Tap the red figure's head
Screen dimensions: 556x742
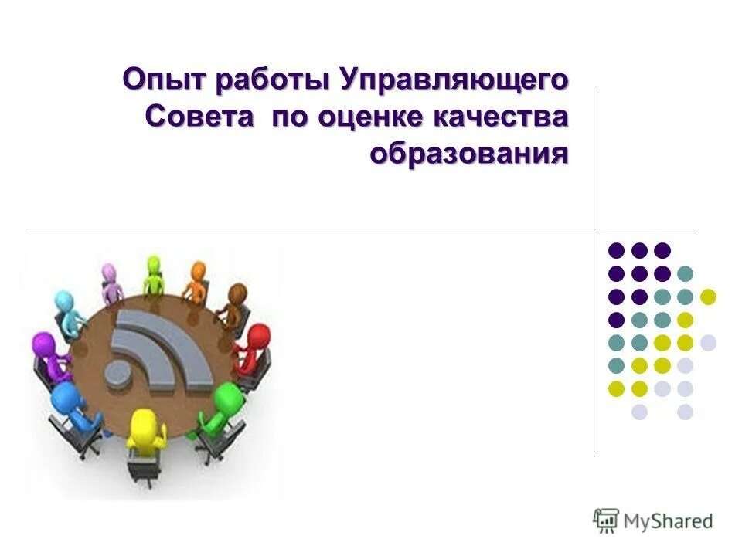tap(260, 337)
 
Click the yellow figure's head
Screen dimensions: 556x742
tap(141, 422)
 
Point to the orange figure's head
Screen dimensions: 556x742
tap(199, 272)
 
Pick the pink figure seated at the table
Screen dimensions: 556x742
tap(111, 283)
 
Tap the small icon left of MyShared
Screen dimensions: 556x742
tap(606, 520)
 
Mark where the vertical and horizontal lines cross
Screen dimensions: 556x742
tap(594, 229)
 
